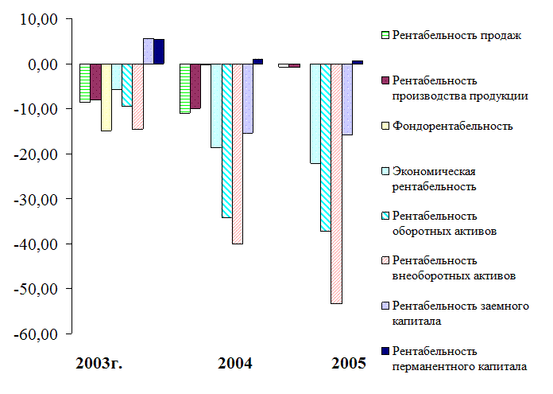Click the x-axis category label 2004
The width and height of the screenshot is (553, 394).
[x=234, y=364]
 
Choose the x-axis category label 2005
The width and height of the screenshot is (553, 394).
[x=349, y=364]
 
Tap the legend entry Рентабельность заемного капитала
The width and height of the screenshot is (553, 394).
[x=460, y=313]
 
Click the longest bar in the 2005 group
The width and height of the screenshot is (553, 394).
[x=336, y=183]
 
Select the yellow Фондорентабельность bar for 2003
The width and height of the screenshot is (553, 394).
[x=106, y=97]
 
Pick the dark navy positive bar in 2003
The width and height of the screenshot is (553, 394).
[x=159, y=51]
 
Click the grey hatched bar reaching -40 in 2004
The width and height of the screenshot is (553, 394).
[x=238, y=154]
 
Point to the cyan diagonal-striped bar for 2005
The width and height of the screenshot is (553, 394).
[x=326, y=147]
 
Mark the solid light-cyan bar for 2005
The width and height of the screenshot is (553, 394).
[x=315, y=113]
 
